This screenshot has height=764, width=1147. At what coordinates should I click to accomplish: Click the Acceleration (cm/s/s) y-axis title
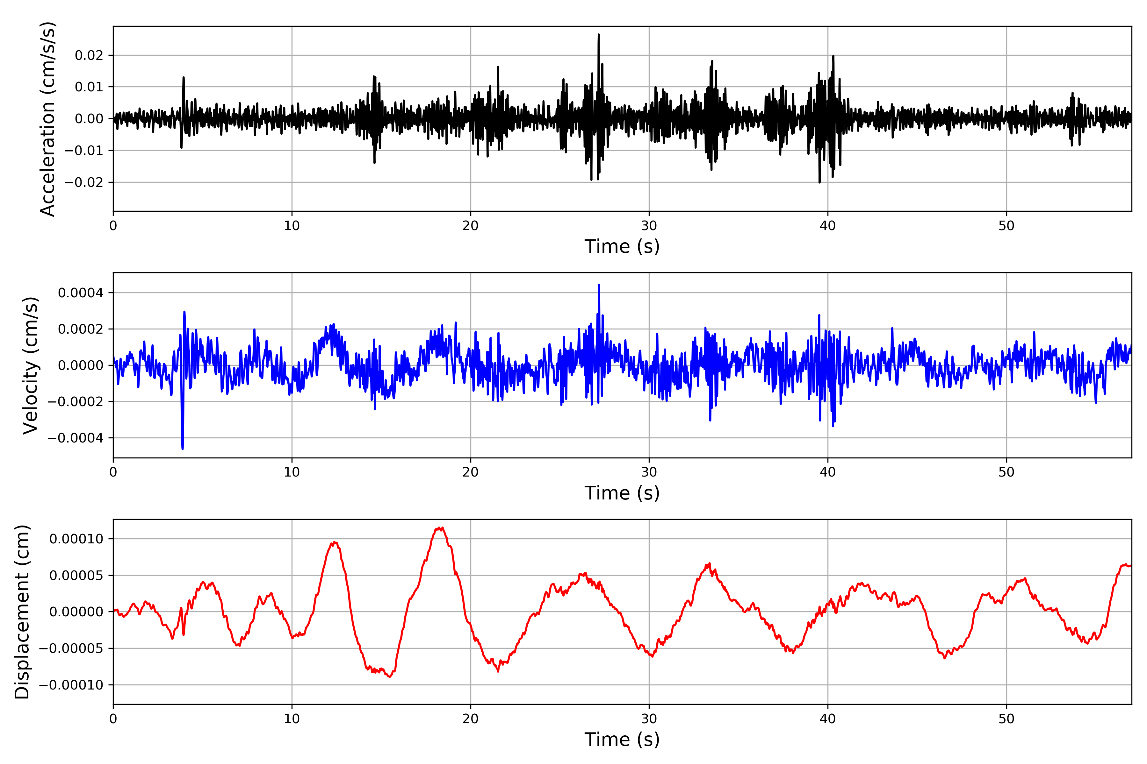[x=48, y=119]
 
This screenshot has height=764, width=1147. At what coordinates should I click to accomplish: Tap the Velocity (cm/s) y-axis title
[x=31, y=365]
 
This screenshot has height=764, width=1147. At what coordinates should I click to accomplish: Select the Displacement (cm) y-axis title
[x=22, y=612]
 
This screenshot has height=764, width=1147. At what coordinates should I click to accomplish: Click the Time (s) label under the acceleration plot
[x=622, y=246]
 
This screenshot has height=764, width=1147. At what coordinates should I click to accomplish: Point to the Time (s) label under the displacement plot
[x=622, y=739]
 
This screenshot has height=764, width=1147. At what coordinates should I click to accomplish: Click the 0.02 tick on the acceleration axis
[x=89, y=55]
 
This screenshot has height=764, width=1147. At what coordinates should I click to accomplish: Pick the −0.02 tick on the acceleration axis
[x=84, y=182]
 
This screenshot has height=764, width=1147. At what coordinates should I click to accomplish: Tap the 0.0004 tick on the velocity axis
[x=81, y=293]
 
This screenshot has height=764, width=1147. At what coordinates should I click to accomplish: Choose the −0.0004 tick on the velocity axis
[x=76, y=438]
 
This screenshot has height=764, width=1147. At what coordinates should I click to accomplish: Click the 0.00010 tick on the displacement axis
[x=76, y=539]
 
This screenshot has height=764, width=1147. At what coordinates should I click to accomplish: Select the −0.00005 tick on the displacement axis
[x=71, y=648]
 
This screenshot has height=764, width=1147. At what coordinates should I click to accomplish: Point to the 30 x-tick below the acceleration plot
[x=649, y=226]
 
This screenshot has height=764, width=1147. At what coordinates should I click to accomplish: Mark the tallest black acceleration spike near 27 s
[x=599, y=35]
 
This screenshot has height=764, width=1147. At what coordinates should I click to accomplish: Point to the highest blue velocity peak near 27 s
[x=599, y=285]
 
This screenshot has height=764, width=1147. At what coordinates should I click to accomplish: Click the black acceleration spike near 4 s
[x=184, y=77]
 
